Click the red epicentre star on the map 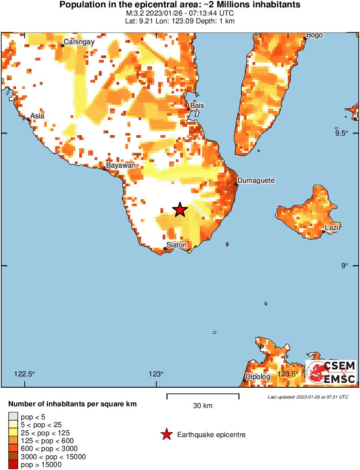[180, 210]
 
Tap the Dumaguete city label [256, 180]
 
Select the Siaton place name [176, 245]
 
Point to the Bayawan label [121, 165]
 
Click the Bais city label [197, 105]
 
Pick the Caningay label [79, 42]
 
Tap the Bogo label [315, 35]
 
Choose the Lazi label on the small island [332, 227]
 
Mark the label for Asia [37, 116]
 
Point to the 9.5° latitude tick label [341, 133]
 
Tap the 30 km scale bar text [203, 406]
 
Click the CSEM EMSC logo [331, 372]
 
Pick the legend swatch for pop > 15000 [13, 465]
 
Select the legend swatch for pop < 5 [13, 416]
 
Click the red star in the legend [165, 434]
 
